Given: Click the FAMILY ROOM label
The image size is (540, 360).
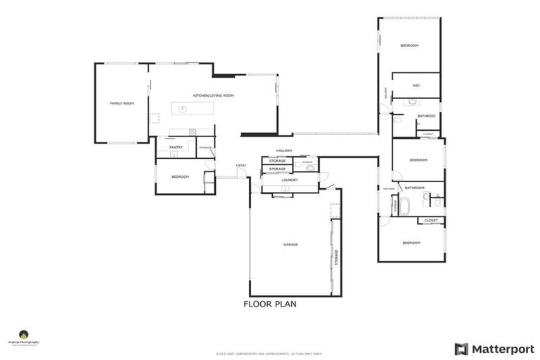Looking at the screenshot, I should [122, 103].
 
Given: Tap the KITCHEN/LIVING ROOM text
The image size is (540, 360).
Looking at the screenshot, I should [213, 95].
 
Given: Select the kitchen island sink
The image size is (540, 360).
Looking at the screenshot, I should [182, 109].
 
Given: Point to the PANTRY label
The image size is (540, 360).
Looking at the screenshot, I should [176, 147].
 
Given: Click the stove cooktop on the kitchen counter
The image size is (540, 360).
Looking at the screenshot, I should [191, 131].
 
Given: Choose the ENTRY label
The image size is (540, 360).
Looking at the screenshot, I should [241, 165].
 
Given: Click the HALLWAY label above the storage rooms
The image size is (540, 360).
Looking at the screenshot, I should [284, 150].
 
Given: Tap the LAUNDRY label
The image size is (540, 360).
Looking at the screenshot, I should [290, 180].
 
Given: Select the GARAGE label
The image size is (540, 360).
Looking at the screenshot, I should [290, 245].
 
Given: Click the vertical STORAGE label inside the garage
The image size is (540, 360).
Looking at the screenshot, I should [336, 257].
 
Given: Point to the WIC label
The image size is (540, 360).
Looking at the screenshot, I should [416, 86].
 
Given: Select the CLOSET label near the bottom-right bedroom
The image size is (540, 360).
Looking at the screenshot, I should [431, 220].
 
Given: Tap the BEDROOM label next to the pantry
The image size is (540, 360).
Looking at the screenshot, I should [181, 176].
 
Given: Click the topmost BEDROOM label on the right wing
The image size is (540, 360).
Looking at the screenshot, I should [409, 46].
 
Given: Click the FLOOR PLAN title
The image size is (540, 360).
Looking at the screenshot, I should [270, 304].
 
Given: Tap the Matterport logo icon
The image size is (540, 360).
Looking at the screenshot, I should [461, 349].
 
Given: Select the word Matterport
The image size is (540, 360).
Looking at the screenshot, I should [503, 349].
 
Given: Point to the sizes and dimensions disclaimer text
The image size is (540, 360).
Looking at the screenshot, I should [270, 354].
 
